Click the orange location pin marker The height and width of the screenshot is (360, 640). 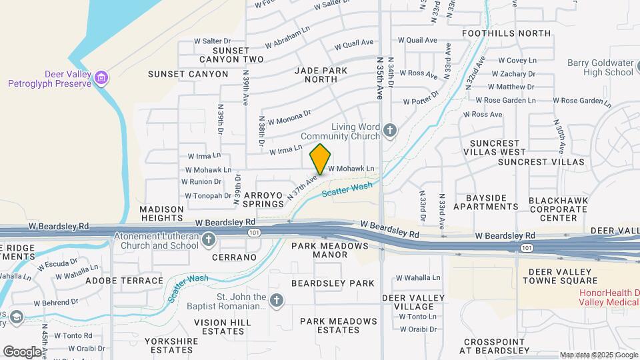click(321, 159)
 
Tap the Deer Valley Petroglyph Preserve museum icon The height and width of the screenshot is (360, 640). click(101, 79)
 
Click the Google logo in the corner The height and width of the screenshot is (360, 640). click(22, 351)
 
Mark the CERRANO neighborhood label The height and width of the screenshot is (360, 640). click(234, 257)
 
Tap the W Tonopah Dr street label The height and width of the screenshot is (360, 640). click(208, 196)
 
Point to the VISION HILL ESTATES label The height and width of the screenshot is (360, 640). click(222, 327)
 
